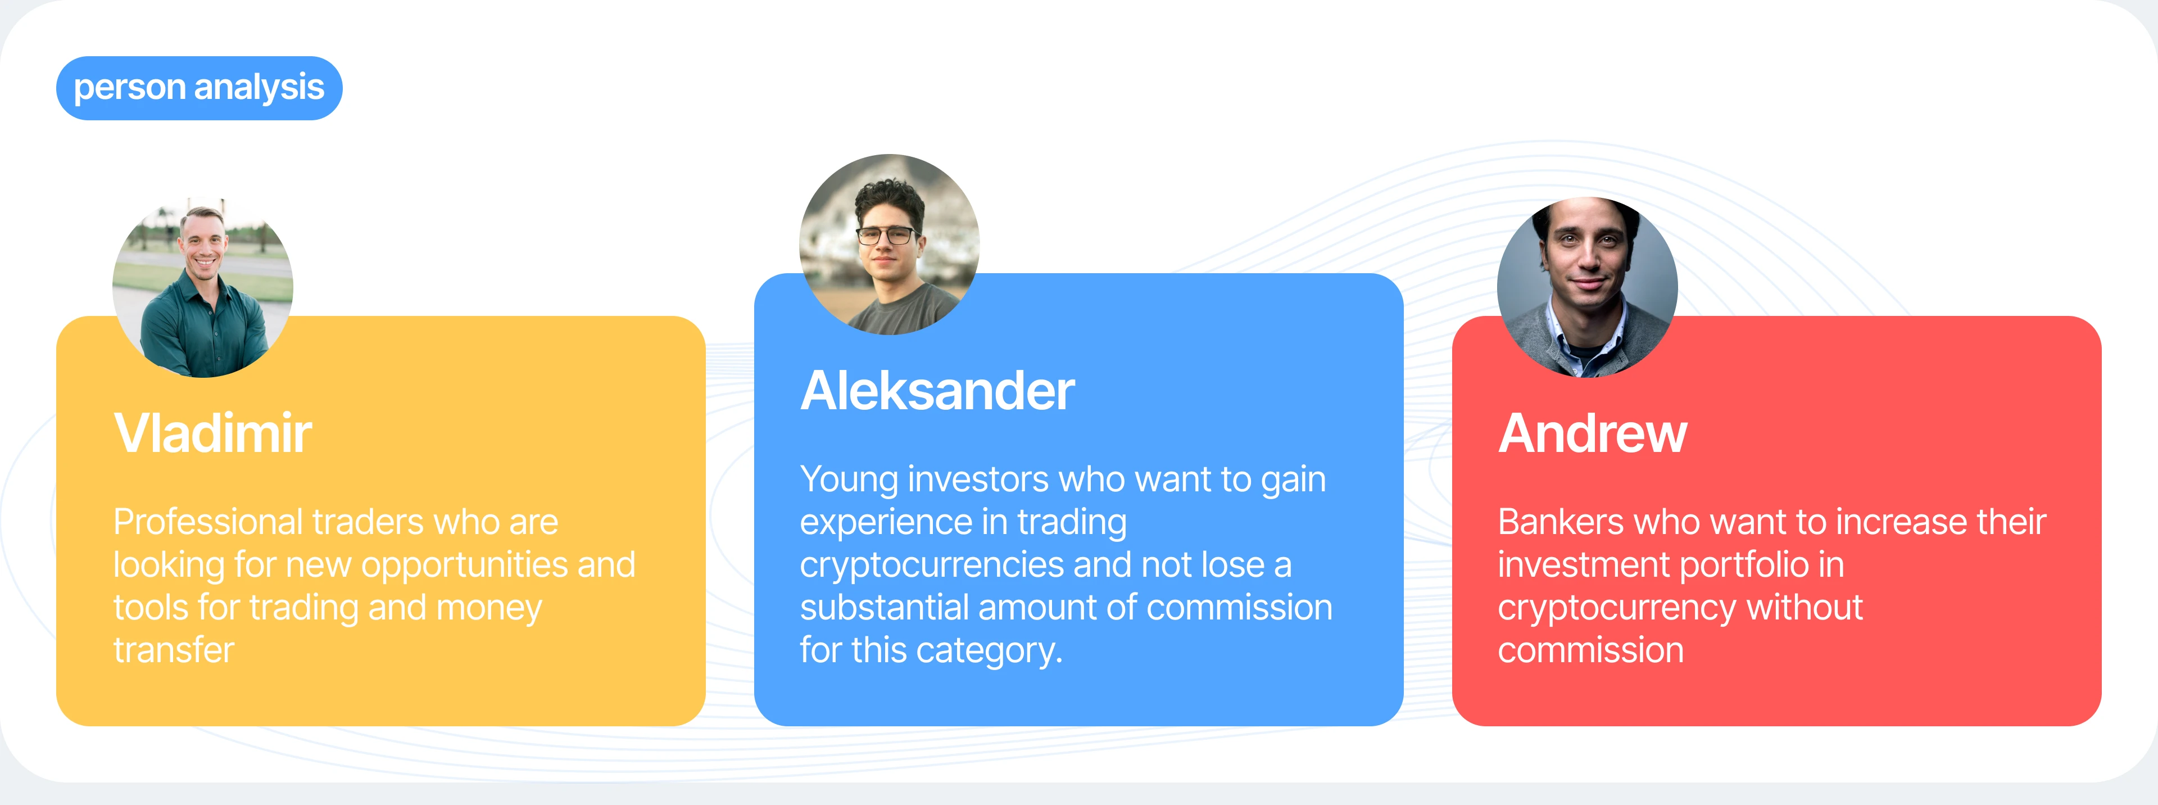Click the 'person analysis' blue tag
(200, 88)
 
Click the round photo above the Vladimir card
(203, 287)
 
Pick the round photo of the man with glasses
(890, 245)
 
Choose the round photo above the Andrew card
(1588, 287)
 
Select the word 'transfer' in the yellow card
(174, 650)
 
